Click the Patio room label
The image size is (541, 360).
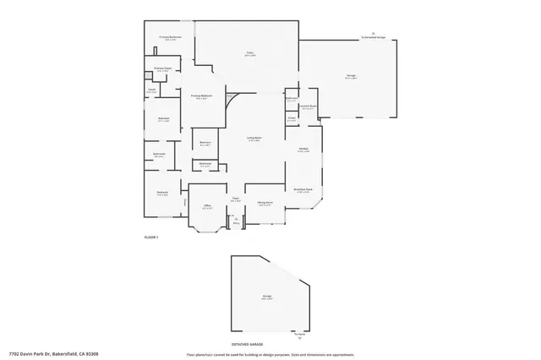pos(250,53)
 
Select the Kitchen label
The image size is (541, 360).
pos(303,149)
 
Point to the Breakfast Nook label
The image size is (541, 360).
pos(303,190)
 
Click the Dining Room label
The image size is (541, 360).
pos(265,204)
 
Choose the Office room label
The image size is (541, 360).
pos(207,205)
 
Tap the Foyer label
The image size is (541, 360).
pos(236,199)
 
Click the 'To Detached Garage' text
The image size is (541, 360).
pos(374,38)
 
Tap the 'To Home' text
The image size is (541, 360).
pos(298,334)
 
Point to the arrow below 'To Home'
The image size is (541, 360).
pos(298,339)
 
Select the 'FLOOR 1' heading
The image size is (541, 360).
pos(150,237)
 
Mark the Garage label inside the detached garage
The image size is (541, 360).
pos(266,297)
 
